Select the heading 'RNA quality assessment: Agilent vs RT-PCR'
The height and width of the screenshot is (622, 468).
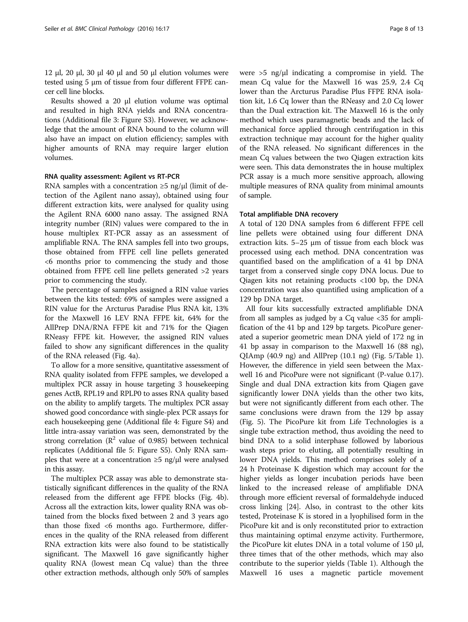coord(112,177)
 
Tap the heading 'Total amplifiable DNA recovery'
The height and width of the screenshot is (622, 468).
coord(289,214)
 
